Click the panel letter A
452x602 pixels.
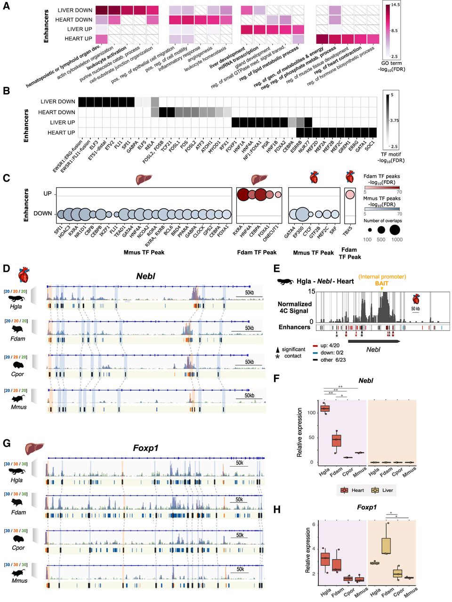coord(7,7)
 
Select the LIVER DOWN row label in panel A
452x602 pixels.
coord(75,10)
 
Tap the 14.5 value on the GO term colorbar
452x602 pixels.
coord(395,5)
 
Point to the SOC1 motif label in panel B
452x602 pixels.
coord(370,144)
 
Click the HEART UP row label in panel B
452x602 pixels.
coord(61,133)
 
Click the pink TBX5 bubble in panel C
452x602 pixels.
coord(349,194)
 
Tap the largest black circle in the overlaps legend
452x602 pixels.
coord(395,230)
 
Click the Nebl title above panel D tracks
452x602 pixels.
coord(145,276)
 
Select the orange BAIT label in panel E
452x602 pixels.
coord(381,283)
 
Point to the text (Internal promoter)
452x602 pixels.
coord(382,277)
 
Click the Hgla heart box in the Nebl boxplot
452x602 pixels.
coord(325,408)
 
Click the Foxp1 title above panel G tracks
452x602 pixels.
coord(145,448)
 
